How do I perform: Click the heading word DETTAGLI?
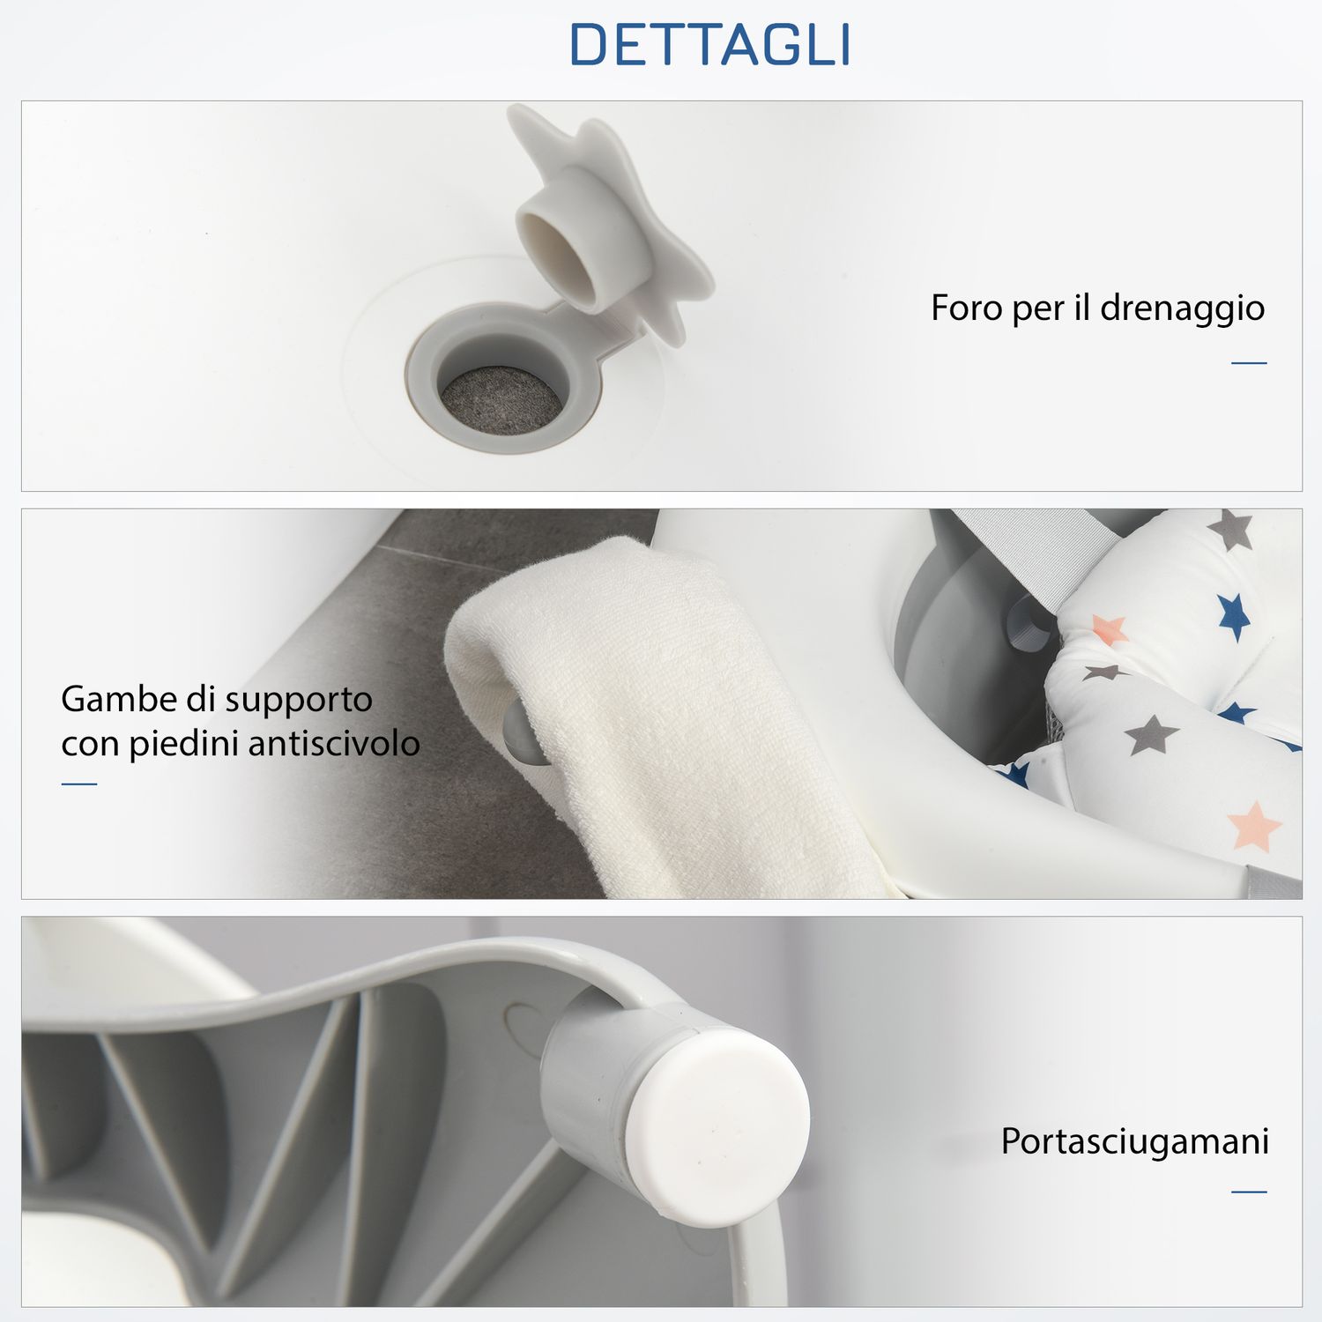[710, 45]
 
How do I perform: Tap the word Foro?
[966, 308]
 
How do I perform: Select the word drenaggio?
[1182, 308]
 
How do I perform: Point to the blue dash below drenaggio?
[1249, 362]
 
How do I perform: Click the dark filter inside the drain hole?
[501, 402]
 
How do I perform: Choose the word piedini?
[184, 744]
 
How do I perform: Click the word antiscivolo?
[334, 744]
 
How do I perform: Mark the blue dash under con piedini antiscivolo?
[79, 784]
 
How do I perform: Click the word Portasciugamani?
[1134, 1141]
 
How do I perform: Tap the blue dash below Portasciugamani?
[1249, 1192]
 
